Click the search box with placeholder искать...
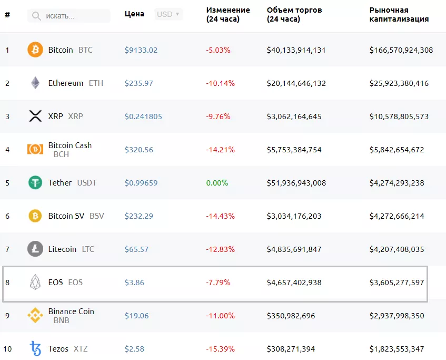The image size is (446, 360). pos(69,16)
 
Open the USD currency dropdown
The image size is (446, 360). pos(169,14)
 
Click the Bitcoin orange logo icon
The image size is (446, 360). pos(35,50)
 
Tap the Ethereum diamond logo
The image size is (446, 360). pos(35,83)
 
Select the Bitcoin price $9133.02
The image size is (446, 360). pos(141,50)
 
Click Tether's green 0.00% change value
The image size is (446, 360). pos(217,183)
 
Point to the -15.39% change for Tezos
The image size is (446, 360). pos(220,349)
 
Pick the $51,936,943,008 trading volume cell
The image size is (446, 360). pos(296,183)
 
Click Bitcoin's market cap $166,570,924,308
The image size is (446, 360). pos(401,50)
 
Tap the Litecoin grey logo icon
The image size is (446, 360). pos(35,249)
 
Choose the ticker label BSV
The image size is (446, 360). pos(97,216)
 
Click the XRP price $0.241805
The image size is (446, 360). pos(143,116)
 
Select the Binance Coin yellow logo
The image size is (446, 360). pos(35,316)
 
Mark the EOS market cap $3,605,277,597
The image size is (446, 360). pos(397,283)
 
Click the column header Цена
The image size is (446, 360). pos(134,14)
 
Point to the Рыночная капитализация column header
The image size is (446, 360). pos(399,15)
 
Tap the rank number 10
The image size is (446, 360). pos(8,349)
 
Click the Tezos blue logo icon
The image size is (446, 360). pos(35,349)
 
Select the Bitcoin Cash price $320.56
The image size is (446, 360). pos(139,150)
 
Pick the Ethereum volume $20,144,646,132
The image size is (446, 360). pos(296,83)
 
